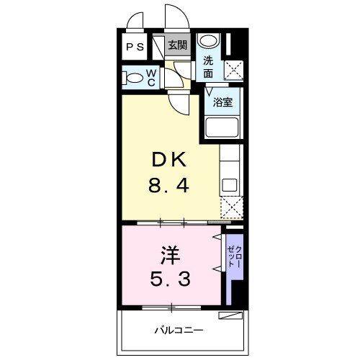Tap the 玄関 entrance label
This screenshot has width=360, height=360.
[x=177, y=45]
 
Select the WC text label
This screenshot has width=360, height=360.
[x=152, y=78]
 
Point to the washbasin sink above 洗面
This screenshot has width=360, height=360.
[x=207, y=41]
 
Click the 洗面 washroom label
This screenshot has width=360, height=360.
[x=208, y=67]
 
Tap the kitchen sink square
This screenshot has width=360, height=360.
[x=230, y=184]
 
